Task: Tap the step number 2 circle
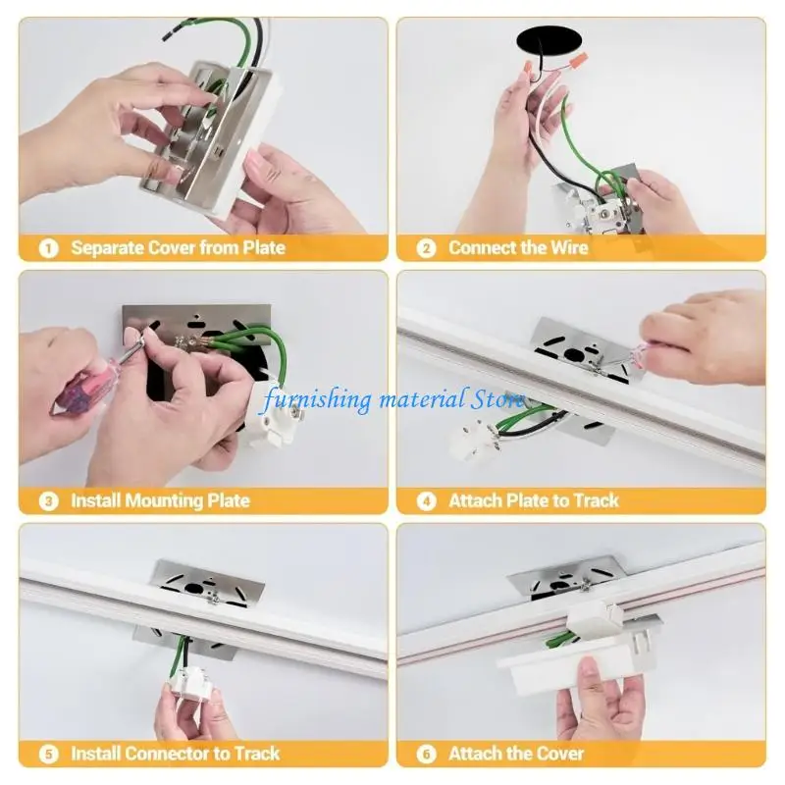point(426,248)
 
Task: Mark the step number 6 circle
point(426,755)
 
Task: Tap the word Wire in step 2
point(566,248)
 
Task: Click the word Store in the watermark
point(497,399)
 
